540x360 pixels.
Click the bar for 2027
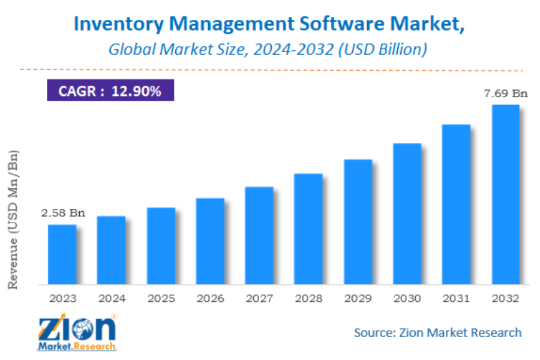coord(259,235)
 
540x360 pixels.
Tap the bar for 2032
coord(505,194)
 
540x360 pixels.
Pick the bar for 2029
coord(358,221)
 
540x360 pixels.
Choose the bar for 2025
coord(161,245)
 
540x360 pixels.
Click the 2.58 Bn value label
coord(63,213)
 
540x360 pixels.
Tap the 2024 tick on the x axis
coord(112,298)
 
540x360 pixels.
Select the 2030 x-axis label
coord(407,298)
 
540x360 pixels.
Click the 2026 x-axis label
coord(210,298)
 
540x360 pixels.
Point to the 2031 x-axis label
coord(456,298)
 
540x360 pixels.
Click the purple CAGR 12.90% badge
coord(110,91)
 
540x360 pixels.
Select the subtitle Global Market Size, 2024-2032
coord(268,49)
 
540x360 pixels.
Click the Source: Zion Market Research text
coord(437,332)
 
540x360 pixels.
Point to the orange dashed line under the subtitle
coord(270,70)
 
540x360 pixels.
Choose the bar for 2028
coord(308,229)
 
